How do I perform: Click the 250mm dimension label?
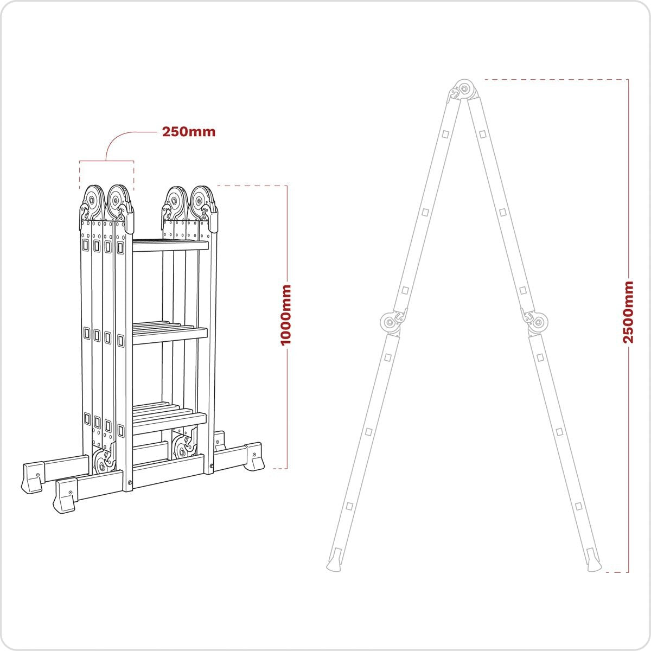coord(188,132)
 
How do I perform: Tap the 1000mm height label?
coord(285,314)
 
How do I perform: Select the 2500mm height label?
coord(628,312)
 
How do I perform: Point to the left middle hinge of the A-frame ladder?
coord(391,323)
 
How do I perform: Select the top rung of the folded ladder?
coord(170,245)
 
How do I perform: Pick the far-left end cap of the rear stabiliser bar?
coord(33,476)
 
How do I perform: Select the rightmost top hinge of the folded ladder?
coord(203,201)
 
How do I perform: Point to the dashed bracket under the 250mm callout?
coord(106,161)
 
